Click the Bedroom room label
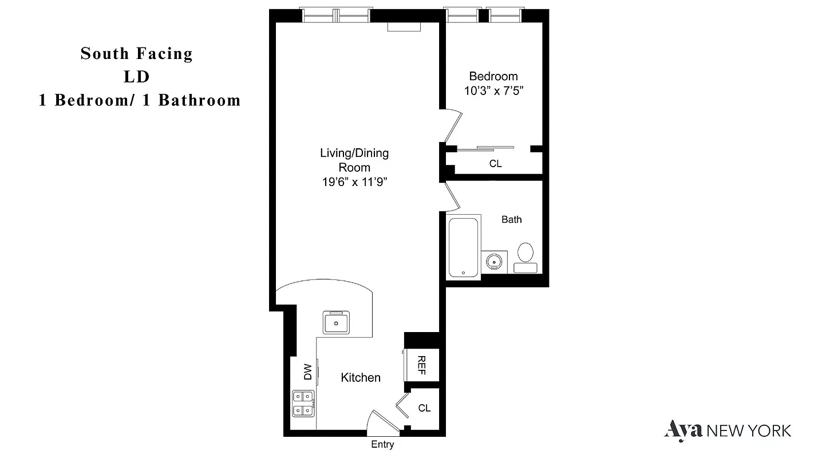tap(493, 76)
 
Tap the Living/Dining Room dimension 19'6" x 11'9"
tap(354, 182)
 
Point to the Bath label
tap(511, 219)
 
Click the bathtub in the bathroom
tap(463, 247)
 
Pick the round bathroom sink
tap(495, 262)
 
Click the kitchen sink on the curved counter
tap(336, 322)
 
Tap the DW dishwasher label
tap(307, 372)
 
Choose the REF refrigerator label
tap(421, 365)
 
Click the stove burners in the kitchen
tap(303, 403)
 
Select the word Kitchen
tap(361, 377)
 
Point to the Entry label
tap(382, 445)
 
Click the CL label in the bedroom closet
tap(495, 164)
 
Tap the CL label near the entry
tap(424, 408)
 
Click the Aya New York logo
tap(728, 429)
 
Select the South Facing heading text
tap(136, 54)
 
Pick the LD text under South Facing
tap(136, 77)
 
